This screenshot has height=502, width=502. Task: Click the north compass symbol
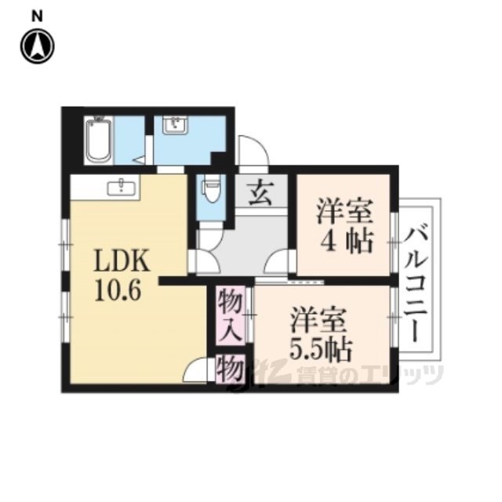coord(38,46)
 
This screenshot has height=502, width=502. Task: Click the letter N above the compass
coord(38,16)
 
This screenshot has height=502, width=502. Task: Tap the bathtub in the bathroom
coord(98,140)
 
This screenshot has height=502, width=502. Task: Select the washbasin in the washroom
coord(175,125)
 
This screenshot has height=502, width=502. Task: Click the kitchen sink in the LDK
coord(121,187)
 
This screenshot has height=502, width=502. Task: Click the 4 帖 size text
coord(347,242)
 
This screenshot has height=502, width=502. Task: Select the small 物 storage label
coord(230,368)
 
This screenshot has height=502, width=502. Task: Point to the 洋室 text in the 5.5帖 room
coord(318,319)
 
